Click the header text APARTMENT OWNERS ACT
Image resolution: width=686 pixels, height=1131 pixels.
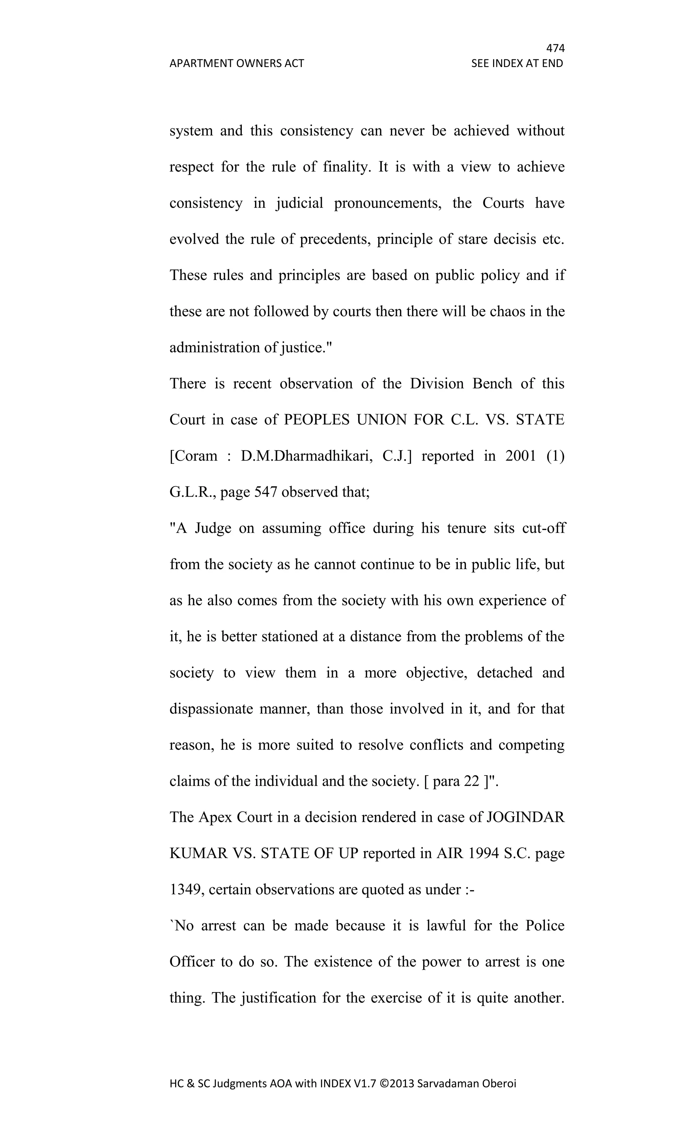236,63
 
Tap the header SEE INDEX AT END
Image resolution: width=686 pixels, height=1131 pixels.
517,63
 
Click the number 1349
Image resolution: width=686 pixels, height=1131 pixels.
187,890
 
